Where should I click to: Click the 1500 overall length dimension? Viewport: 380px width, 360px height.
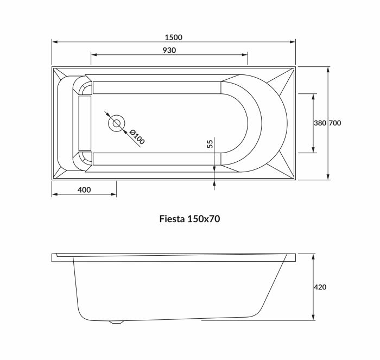pos(174,37)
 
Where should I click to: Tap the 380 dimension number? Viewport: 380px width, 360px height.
pos(320,123)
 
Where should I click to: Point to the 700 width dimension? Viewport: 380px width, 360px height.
pos(334,123)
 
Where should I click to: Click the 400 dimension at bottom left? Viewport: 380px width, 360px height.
pos(84,190)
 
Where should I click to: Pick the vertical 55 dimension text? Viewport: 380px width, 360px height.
pos(210,144)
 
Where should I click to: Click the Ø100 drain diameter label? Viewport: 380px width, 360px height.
pos(137,136)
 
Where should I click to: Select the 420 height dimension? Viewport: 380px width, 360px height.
pos(320,287)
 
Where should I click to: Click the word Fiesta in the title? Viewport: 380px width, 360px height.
pos(172,219)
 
